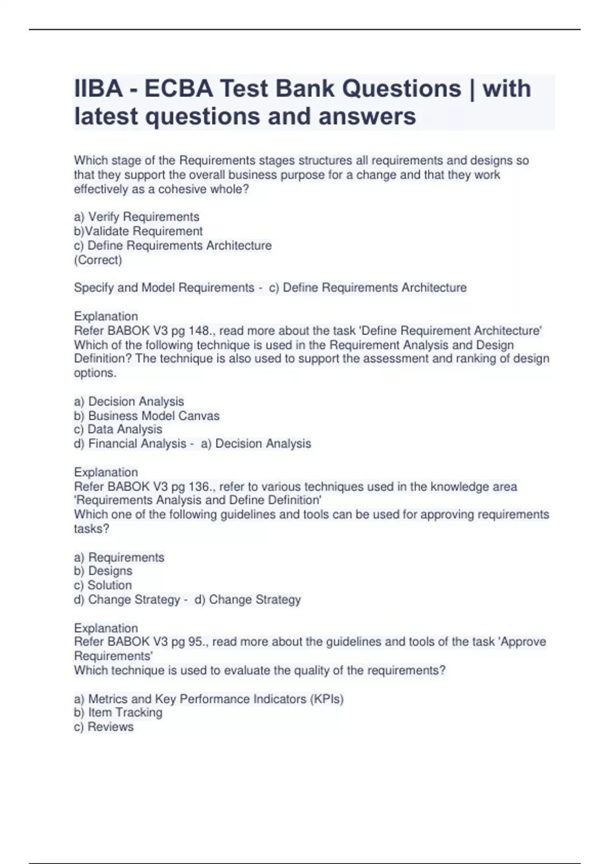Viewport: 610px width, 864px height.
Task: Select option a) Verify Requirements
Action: pos(136,217)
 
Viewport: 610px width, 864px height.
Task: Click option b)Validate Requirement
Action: pos(138,231)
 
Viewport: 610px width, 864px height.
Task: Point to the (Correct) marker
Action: pos(98,260)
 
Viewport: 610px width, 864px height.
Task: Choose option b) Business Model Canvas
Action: pos(146,416)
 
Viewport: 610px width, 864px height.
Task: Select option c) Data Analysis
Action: pos(118,429)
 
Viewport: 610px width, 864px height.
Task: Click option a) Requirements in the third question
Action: pos(119,558)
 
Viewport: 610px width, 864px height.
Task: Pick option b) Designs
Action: pos(103,571)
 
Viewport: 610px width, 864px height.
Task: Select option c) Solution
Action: pos(103,585)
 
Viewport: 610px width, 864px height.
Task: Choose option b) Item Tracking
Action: pos(118,713)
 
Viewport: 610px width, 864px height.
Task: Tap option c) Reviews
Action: pos(104,727)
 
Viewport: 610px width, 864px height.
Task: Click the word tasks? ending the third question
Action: pos(91,529)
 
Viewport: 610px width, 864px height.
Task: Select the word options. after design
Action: pos(95,373)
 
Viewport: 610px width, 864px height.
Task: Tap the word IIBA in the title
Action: pos(98,88)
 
